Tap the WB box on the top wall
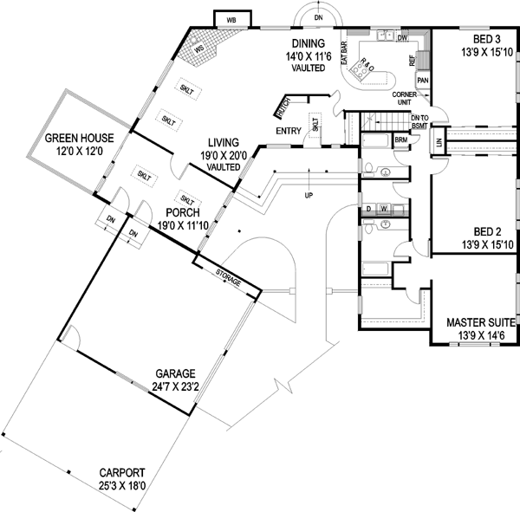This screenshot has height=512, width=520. (x=231, y=19)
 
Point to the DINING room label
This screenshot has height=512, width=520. (x=308, y=44)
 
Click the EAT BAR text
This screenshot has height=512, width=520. (x=344, y=53)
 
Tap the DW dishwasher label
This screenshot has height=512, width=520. (x=402, y=38)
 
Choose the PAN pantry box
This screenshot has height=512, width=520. (x=423, y=81)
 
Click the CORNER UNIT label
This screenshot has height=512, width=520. (x=406, y=97)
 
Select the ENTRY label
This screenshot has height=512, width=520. (x=288, y=131)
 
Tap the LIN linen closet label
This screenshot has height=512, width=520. (x=439, y=140)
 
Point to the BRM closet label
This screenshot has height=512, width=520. (x=402, y=139)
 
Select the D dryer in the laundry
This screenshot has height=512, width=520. (x=369, y=209)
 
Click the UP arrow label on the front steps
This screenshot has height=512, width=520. (x=308, y=196)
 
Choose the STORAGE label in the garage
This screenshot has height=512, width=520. (x=228, y=276)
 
